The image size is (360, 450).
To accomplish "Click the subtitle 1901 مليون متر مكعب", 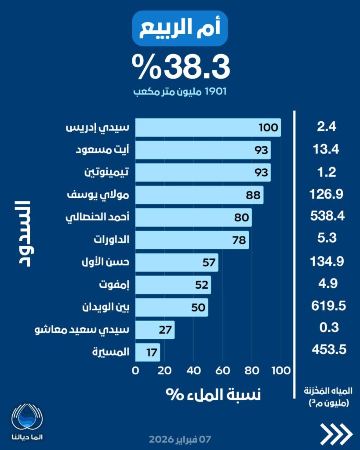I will point(181,92).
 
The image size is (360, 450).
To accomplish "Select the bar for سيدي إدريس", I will point(207,127).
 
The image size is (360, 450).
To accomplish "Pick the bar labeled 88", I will point(199,195).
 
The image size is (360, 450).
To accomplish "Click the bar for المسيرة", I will point(147,352).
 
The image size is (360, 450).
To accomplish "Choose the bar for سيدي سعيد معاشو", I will point(155,330).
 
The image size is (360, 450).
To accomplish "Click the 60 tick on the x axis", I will point(223,370).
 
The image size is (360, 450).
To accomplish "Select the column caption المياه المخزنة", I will point(326,390).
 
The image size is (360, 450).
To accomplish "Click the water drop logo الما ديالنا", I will point(28,420).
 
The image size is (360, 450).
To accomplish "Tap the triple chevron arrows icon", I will point(336,434).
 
